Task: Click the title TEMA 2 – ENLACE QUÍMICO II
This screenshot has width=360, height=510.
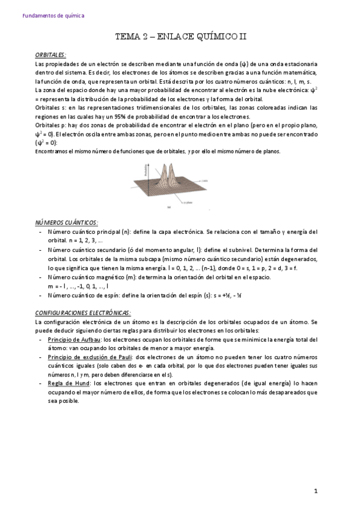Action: [181, 37]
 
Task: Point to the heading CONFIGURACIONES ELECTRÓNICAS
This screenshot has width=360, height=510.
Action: [82, 313]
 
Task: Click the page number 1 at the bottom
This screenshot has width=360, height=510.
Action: [316, 492]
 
